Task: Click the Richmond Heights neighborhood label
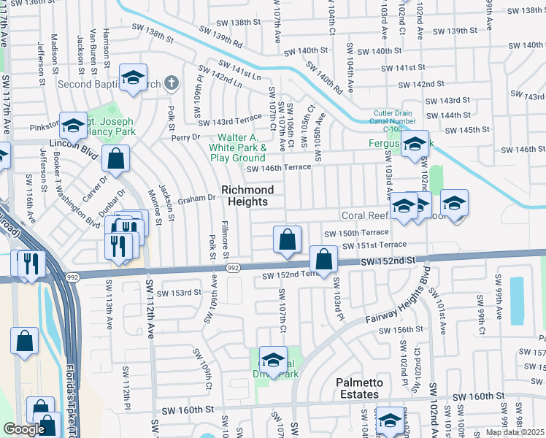(x=247, y=196)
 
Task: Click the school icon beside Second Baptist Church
(x=133, y=77)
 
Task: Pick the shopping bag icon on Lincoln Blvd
(x=116, y=158)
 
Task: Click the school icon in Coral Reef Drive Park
(x=274, y=360)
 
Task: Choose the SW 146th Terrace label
(x=278, y=167)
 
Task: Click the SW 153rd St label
(x=181, y=292)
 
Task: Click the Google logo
(x=24, y=429)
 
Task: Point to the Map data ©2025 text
(x=515, y=432)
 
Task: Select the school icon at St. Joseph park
(x=73, y=126)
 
